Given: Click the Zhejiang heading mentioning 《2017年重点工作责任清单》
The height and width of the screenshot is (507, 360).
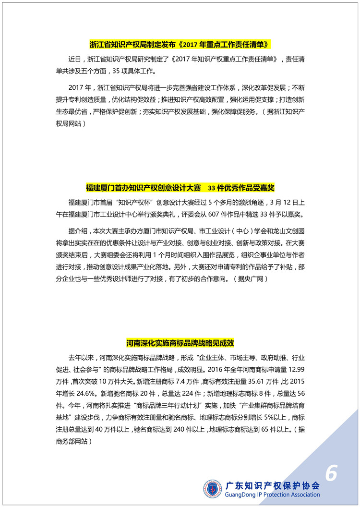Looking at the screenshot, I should coord(180,45).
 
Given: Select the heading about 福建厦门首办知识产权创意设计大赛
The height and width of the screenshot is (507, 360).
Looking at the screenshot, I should coord(180,187).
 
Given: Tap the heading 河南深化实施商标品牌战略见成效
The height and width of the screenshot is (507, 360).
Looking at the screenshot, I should coord(180,343).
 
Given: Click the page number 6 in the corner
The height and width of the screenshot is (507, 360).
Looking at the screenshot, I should coord(331,473).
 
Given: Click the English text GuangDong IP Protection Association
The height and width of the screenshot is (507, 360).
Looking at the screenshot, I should coord(272,495).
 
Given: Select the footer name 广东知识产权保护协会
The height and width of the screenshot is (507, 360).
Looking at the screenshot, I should coord(272,484).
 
